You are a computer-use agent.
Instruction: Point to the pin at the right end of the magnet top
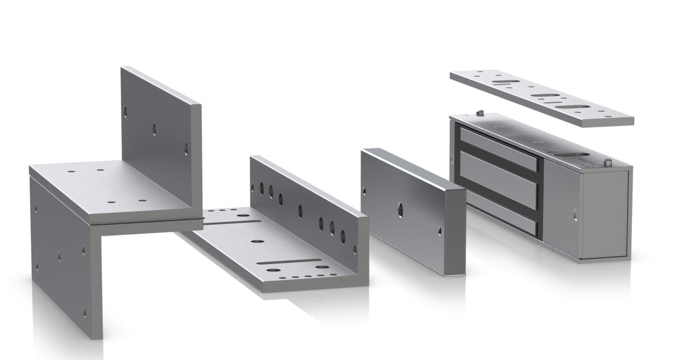click(x=607, y=163)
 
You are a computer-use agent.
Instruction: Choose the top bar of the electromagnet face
click(x=498, y=149)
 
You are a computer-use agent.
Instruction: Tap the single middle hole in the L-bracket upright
click(x=300, y=210)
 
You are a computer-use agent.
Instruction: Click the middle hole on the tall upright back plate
click(x=154, y=128)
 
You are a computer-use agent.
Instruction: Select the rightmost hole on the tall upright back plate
click(x=186, y=148)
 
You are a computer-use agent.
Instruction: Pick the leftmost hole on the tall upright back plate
click(x=125, y=110)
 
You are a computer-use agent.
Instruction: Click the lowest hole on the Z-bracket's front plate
click(x=84, y=313)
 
